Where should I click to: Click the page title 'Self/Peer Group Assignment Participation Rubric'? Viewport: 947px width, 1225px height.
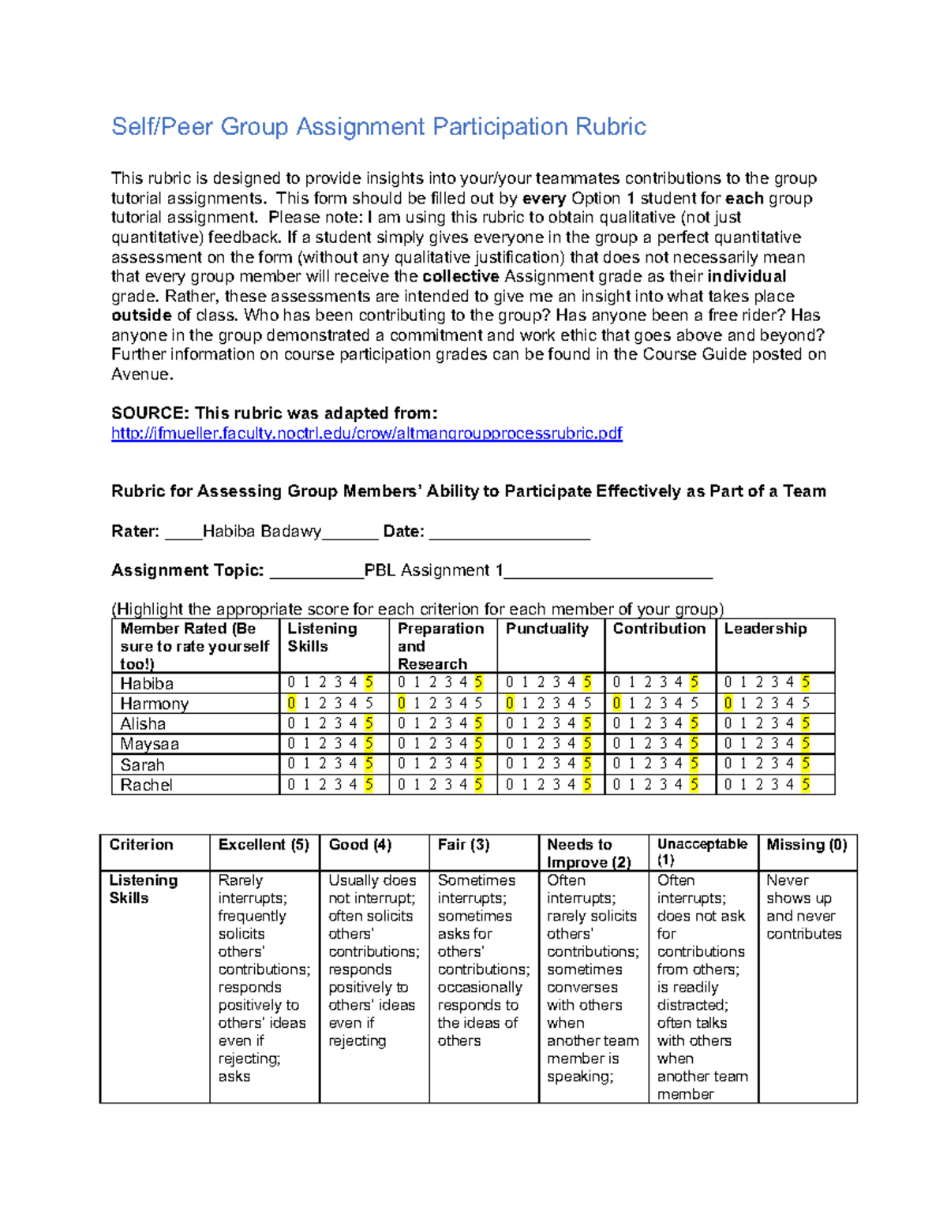tap(379, 127)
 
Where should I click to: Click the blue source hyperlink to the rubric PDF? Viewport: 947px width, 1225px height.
tap(366, 433)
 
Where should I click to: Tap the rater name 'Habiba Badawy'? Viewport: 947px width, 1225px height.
tap(261, 532)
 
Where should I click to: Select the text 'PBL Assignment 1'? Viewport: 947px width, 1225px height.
tap(433, 570)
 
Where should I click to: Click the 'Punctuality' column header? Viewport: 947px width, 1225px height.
tap(547, 629)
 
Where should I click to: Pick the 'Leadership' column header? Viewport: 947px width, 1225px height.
tap(765, 629)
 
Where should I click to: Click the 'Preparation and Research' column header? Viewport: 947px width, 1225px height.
tap(440, 646)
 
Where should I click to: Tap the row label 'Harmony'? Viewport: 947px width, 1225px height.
tap(154, 704)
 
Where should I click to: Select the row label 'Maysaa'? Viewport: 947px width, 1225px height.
tap(149, 744)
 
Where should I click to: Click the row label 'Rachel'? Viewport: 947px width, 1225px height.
tap(146, 785)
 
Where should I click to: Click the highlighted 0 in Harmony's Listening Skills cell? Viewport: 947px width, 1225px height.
tap(291, 703)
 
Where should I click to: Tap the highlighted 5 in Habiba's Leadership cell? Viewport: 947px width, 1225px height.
tap(806, 682)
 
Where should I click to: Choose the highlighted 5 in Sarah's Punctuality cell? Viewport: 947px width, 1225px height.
tap(587, 764)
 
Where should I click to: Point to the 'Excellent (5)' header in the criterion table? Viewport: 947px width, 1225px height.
tap(264, 845)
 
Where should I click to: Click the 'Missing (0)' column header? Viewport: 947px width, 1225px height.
tap(807, 845)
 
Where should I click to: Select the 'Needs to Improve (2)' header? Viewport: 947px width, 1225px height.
tap(589, 853)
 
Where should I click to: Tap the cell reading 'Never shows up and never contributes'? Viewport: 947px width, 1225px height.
tap(803, 907)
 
